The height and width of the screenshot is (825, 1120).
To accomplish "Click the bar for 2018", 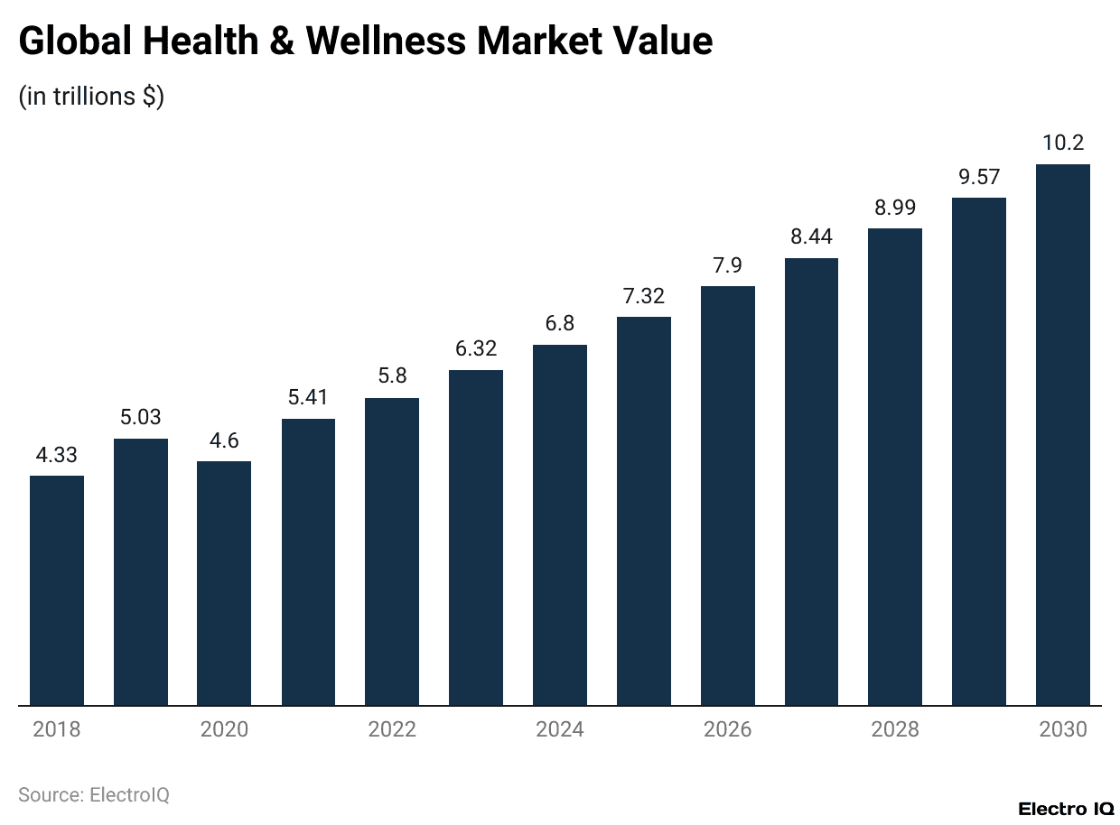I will [57, 590].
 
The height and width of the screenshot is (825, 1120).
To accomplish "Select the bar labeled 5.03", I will [141, 571].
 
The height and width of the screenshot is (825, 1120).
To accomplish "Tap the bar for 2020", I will [224, 583].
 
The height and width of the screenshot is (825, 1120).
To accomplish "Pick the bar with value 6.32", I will [476, 537].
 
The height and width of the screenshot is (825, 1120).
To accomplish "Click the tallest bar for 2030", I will [1062, 434].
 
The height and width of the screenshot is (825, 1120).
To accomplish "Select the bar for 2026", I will [727, 496].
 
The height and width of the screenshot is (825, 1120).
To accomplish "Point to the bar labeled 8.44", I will [811, 481].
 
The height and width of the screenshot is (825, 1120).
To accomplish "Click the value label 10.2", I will [1062, 143].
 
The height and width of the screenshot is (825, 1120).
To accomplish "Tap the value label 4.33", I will [57, 455].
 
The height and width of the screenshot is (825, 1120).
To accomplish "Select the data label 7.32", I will [644, 296].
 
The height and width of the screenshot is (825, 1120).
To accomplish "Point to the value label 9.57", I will [979, 177].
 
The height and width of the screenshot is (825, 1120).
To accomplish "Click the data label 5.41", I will [308, 398].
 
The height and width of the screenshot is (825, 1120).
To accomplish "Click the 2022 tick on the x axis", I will [392, 729].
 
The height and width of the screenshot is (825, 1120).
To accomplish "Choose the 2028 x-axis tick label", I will [895, 729].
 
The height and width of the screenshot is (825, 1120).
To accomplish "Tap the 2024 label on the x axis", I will [560, 729].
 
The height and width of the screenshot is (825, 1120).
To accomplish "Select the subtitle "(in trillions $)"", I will [91, 97].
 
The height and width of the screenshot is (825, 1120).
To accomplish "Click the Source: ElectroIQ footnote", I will [94, 795].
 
